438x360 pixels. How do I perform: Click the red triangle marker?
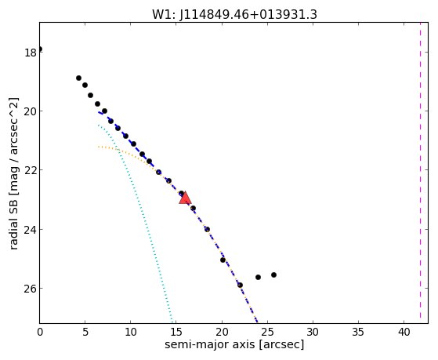pyautogui.click(x=185, y=198)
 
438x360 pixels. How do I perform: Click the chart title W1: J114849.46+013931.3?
pyautogui.click(x=234, y=14)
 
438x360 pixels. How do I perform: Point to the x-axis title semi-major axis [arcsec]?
pyautogui.click(x=234, y=344)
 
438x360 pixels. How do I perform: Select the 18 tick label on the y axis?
pyautogui.click(x=31, y=53)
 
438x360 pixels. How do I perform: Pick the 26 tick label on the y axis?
pyautogui.click(x=31, y=289)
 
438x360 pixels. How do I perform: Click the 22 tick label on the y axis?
pyautogui.click(x=31, y=170)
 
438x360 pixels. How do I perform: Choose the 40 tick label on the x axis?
pyautogui.click(x=404, y=333)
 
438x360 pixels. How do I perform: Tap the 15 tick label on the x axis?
pyautogui.click(x=176, y=333)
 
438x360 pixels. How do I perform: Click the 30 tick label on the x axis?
pyautogui.click(x=313, y=333)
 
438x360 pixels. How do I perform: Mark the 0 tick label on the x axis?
pyautogui.click(x=40, y=333)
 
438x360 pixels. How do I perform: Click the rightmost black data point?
pyautogui.click(x=273, y=275)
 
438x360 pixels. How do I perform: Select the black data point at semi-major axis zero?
pyautogui.click(x=40, y=49)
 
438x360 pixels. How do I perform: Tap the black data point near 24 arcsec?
pyautogui.click(x=258, y=277)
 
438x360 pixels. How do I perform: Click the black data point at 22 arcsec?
pyautogui.click(x=240, y=285)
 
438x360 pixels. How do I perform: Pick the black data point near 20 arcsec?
pyautogui.click(x=223, y=260)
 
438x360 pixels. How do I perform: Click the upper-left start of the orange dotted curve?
pyautogui.click(x=98, y=147)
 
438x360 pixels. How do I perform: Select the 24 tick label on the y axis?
pyautogui.click(x=31, y=230)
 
